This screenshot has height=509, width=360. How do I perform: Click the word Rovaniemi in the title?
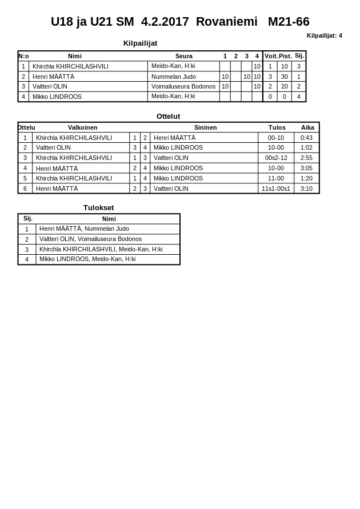point(226,22)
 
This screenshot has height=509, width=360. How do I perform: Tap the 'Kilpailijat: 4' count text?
point(324,35)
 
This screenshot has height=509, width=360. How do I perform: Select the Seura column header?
point(183,56)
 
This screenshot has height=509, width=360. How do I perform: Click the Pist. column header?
point(285,56)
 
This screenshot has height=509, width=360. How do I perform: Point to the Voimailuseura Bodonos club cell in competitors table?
point(183,86)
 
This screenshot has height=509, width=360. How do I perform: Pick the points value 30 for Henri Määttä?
point(284,77)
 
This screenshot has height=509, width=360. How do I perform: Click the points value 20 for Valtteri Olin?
point(284,86)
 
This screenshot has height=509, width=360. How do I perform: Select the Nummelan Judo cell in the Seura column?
point(173,77)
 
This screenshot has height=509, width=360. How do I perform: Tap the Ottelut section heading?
point(168,116)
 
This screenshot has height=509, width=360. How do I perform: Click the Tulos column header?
point(277,127)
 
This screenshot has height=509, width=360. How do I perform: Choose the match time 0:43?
point(306,138)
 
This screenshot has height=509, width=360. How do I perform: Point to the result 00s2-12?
point(276,158)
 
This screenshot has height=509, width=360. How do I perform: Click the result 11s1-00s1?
point(275,189)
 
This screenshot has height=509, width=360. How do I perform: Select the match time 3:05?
point(306,168)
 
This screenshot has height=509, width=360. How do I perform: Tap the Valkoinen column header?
point(82,127)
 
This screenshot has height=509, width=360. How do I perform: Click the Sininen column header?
point(205,127)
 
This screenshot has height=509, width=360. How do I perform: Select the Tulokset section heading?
point(98,208)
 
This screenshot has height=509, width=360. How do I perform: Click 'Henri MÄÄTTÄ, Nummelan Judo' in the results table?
point(84,229)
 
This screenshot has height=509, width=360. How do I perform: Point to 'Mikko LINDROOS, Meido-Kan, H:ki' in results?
point(87,259)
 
